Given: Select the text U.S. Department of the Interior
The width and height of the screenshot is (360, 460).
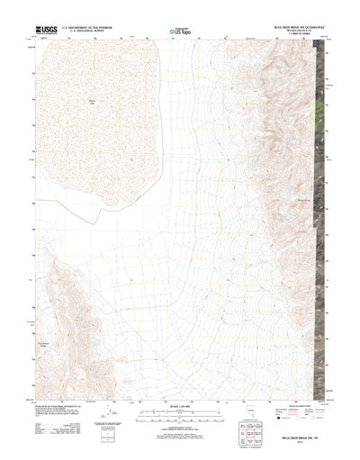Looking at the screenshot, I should (85, 28).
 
